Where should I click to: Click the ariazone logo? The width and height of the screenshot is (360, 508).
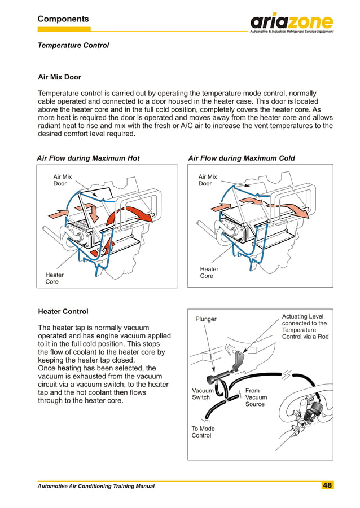tap(292, 23)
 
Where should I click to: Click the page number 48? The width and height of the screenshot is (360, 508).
tap(327, 485)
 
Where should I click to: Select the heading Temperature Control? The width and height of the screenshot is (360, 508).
tap(73, 45)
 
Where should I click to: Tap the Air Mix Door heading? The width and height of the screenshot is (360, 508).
tap(59, 77)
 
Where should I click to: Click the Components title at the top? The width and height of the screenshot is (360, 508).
tap(63, 19)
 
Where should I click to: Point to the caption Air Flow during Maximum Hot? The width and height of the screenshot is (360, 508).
tap(88, 158)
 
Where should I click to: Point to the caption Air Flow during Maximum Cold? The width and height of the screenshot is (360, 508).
tap(241, 158)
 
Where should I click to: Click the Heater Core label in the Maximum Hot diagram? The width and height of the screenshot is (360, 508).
tap(54, 278)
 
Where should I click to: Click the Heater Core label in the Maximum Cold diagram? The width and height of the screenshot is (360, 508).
tap(209, 272)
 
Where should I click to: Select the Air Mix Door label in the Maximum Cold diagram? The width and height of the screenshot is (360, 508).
tap(208, 180)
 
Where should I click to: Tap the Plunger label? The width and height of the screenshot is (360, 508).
tap(206, 319)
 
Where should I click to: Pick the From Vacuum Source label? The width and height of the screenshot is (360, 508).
tap(256, 397)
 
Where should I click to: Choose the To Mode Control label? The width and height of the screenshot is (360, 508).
tap(203, 432)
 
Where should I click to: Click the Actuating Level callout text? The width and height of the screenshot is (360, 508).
tap(304, 327)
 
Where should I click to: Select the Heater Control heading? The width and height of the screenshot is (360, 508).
tap(63, 311)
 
